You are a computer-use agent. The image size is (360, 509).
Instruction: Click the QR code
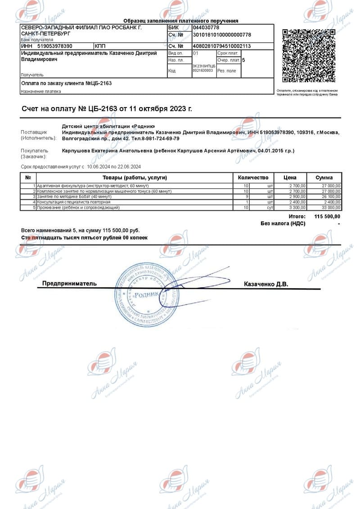[x=309, y=56]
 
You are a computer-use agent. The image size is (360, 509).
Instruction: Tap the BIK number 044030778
[x=206, y=27]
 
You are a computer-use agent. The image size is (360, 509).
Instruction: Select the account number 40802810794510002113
[x=222, y=46]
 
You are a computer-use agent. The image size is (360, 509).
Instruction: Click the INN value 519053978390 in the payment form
[x=55, y=46]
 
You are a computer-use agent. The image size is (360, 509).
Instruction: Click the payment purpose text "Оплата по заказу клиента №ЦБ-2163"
[x=67, y=83]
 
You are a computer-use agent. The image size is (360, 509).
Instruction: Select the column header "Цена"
[x=290, y=178]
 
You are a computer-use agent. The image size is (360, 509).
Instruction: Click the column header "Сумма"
[x=324, y=178]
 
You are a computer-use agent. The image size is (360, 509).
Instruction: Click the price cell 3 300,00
[x=297, y=208]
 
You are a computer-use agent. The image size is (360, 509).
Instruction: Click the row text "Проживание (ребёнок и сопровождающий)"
[x=78, y=208]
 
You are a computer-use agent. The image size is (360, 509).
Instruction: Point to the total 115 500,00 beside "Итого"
[x=327, y=217]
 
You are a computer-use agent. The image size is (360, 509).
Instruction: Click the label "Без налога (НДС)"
[x=283, y=223]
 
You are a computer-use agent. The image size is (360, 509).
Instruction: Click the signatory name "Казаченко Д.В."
[x=265, y=284]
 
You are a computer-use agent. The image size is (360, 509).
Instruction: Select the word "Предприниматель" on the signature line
[x=69, y=284]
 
